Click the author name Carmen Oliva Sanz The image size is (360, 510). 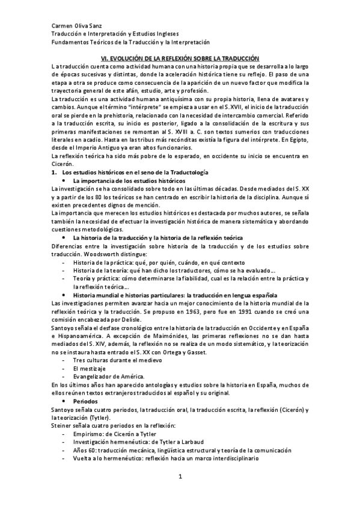coord(75,26)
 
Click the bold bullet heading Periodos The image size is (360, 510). coord(86,400)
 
